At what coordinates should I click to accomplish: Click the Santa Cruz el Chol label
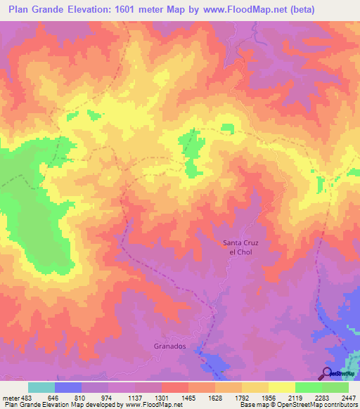tap(237, 247)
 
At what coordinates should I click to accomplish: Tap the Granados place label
tap(169, 346)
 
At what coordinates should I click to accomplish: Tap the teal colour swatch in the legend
tap(41, 387)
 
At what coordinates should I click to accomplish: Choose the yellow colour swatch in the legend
tap(281, 387)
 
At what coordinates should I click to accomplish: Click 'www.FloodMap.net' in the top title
tap(240, 10)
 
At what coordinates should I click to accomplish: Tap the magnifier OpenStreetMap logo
tap(327, 372)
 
